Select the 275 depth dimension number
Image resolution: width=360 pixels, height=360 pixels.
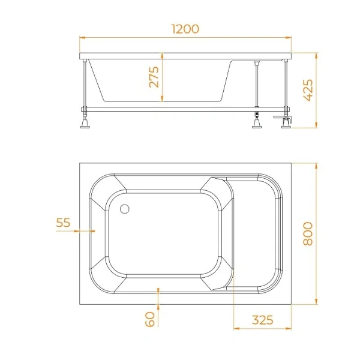(x=154, y=77)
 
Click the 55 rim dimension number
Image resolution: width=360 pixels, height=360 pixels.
(x=63, y=223)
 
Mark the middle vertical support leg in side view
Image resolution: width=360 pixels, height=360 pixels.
(x=257, y=90)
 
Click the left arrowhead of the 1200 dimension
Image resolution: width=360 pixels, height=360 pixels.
(x=83, y=38)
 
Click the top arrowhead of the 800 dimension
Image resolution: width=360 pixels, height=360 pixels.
(x=316, y=164)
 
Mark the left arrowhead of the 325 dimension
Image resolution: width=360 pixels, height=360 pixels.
(x=235, y=328)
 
